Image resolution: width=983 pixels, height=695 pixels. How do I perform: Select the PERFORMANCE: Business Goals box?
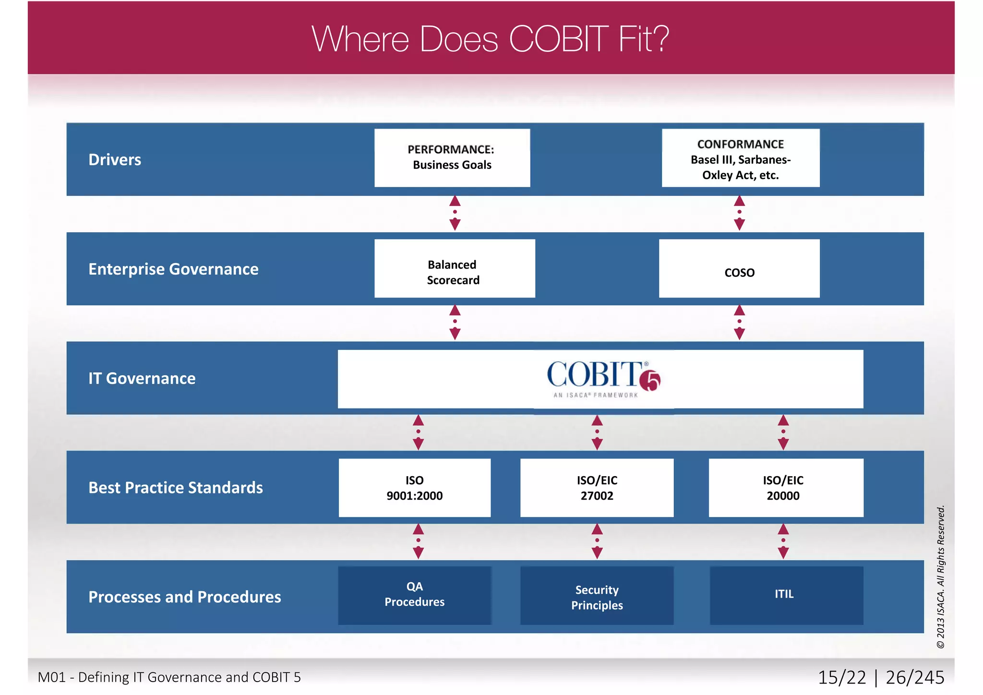(452, 157)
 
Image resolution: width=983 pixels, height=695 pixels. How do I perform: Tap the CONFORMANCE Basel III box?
(740, 159)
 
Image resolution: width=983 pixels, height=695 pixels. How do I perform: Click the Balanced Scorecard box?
(454, 269)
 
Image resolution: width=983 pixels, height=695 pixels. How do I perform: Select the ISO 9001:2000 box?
(414, 488)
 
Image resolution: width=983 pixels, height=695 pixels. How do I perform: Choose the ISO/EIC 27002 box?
(597, 488)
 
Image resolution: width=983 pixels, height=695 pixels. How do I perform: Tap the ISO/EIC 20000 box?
(785, 488)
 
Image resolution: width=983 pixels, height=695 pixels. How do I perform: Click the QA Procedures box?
(414, 595)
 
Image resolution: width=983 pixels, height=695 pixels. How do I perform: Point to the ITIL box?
(786, 595)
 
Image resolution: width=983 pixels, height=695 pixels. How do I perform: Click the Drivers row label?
(115, 160)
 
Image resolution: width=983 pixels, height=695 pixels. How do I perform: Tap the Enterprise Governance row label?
(173, 269)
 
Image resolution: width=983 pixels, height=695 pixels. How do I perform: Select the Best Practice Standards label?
(176, 488)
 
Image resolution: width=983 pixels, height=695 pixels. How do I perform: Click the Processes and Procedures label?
(185, 597)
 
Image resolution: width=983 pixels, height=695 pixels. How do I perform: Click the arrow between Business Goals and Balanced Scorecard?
(455, 213)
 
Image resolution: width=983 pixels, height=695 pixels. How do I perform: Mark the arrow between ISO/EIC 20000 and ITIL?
(783, 541)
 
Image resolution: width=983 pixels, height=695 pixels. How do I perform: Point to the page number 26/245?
(914, 677)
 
